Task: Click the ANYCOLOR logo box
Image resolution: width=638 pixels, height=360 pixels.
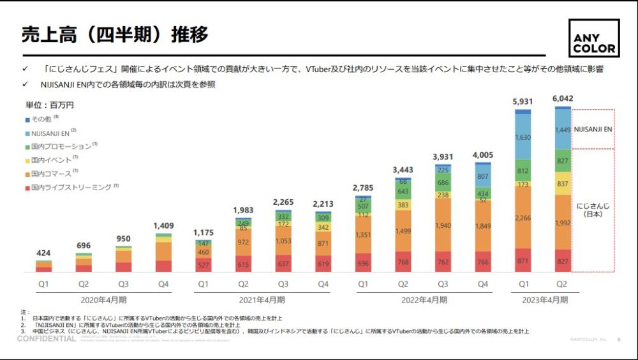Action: (x=593, y=38)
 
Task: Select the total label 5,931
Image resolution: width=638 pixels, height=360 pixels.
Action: (x=523, y=101)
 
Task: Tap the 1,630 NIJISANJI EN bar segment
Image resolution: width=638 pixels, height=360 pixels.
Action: (x=523, y=137)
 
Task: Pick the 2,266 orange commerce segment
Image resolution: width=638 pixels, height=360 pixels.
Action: (x=523, y=218)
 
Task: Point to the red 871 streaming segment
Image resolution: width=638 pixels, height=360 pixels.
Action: (x=523, y=260)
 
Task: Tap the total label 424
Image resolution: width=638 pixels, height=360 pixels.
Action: (x=44, y=253)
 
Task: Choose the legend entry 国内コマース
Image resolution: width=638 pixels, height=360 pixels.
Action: (x=52, y=173)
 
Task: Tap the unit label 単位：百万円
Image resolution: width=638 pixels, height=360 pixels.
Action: (x=50, y=105)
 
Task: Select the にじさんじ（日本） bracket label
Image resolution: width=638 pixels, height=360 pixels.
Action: (x=593, y=210)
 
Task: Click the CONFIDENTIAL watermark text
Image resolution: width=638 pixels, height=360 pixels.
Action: (x=47, y=339)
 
